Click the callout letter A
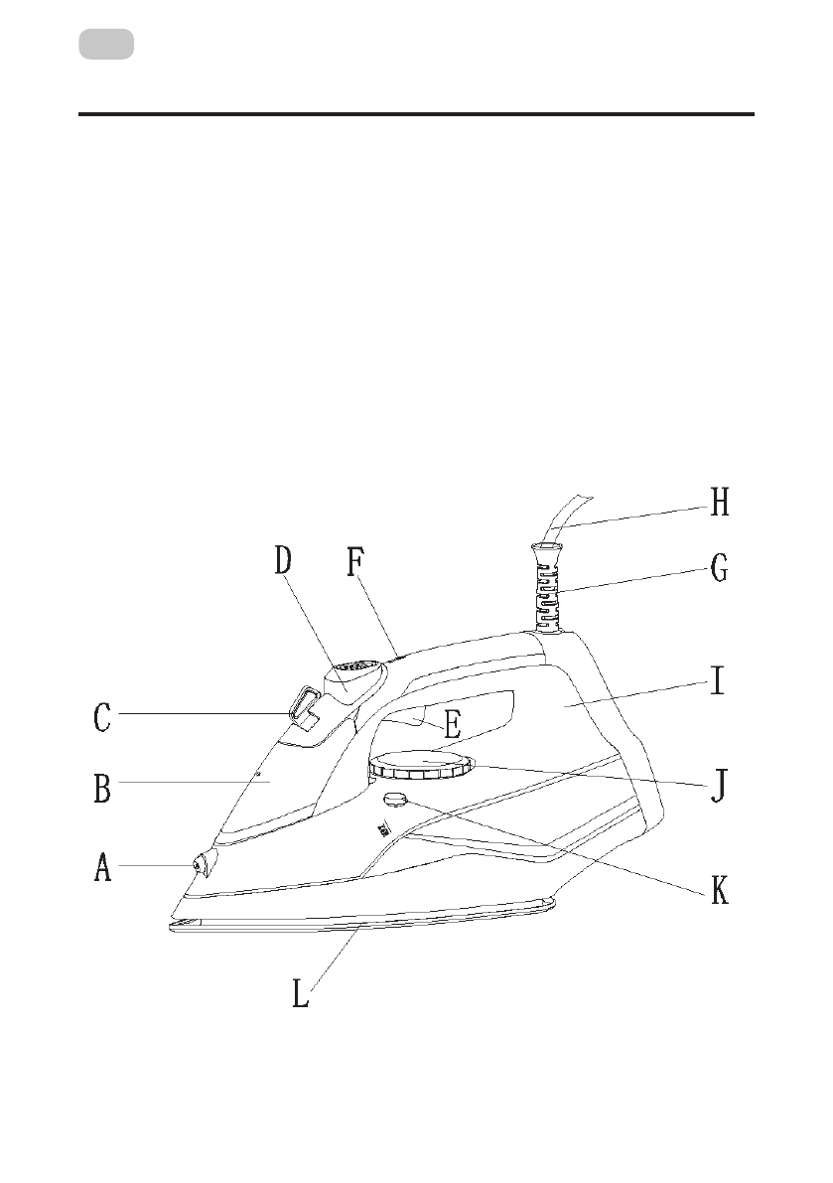(103, 869)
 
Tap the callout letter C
(101, 718)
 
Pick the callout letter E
(451, 723)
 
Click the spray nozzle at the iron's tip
(202, 865)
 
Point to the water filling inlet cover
(307, 708)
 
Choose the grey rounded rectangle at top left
(106, 45)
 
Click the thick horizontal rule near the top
(416, 114)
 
